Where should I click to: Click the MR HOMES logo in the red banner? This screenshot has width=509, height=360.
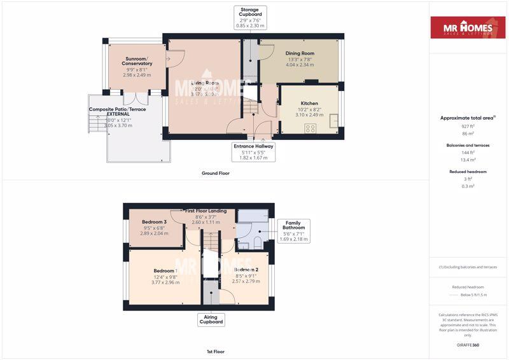(468, 27)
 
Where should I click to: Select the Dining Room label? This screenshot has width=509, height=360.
(299, 53)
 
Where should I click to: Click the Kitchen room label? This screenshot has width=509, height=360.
(309, 103)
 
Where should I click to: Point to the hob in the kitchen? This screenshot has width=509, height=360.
(311, 128)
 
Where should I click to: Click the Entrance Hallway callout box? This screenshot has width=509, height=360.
(254, 151)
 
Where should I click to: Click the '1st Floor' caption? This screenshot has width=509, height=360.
(214, 351)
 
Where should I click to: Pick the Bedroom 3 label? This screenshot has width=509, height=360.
(154, 222)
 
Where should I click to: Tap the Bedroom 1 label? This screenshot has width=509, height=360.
(165, 270)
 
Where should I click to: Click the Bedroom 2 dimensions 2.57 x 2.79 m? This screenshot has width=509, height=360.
(246, 281)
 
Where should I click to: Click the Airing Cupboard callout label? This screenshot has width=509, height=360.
(210, 319)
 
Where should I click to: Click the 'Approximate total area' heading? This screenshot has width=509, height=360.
(467, 118)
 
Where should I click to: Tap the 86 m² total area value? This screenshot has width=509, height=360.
(468, 134)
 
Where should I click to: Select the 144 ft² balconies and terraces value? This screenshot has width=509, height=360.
(468, 153)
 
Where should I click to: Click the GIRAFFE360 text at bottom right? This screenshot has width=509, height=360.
(468, 344)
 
